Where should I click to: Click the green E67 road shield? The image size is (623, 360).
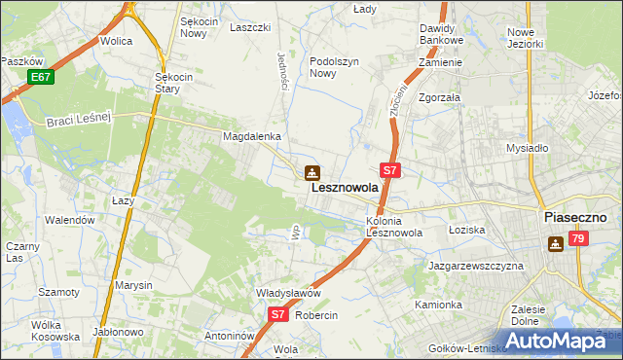(x=39, y=77)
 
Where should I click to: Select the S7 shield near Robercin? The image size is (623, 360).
(x=278, y=314)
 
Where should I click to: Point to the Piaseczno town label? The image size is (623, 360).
(x=575, y=218)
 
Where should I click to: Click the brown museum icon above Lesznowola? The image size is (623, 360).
(x=311, y=173)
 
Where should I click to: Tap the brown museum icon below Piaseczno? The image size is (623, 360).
(x=555, y=244)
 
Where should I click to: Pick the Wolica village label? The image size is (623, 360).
(x=117, y=42)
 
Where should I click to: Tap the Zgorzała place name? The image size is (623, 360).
(x=439, y=98)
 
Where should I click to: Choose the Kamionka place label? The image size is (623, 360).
(x=438, y=305)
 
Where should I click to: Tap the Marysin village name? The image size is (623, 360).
(x=134, y=285)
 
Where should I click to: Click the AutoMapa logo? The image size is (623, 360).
(x=554, y=340)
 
